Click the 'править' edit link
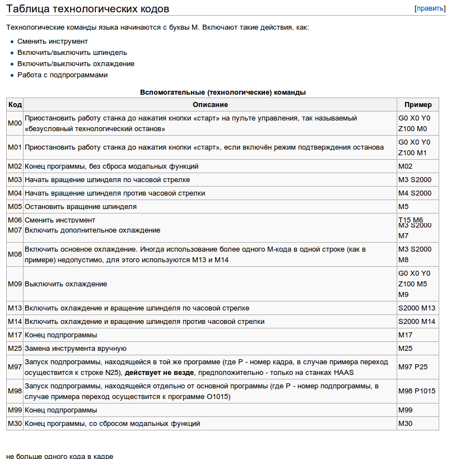pyautogui.click(x=430, y=8)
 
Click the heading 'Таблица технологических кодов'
pyautogui.click(x=87, y=9)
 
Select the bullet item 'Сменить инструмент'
pyautogui.click(x=53, y=41)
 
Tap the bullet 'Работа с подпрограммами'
pyautogui.click(x=62, y=75)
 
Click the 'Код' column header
pyautogui.click(x=15, y=105)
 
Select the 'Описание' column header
pyautogui.click(x=210, y=105)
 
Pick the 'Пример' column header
pyautogui.click(x=418, y=105)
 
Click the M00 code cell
pyautogui.click(x=15, y=123)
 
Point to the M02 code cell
pyautogui.click(x=15, y=166)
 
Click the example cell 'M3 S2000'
pyautogui.click(x=415, y=180)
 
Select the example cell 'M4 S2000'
pyautogui.click(x=415, y=193)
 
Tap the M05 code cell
pyautogui.click(x=15, y=207)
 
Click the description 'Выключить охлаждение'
pyautogui.click(x=66, y=284)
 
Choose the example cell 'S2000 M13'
pyautogui.click(x=416, y=308)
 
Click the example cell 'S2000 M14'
pyautogui.click(x=416, y=322)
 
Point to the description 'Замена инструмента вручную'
pyautogui.click(x=76, y=349)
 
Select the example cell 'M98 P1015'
pyautogui.click(x=416, y=391)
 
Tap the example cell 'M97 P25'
pyautogui.click(x=413, y=367)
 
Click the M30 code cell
pyautogui.click(x=15, y=424)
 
